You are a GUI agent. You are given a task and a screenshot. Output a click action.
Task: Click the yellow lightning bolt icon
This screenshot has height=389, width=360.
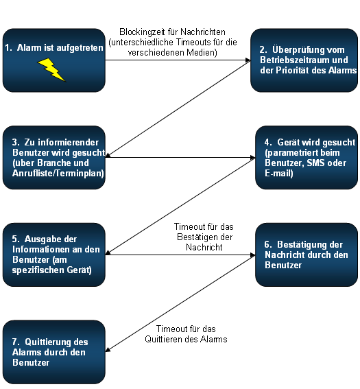[51, 70]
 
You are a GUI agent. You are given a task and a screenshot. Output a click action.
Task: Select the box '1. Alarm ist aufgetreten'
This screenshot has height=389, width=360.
[53, 60]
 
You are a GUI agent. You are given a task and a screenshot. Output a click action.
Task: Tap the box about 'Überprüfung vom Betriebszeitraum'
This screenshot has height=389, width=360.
[304, 60]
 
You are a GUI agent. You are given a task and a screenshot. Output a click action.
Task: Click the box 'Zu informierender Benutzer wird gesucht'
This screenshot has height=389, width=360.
[53, 158]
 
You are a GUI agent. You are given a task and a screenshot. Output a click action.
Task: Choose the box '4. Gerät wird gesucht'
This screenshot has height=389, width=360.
[307, 158]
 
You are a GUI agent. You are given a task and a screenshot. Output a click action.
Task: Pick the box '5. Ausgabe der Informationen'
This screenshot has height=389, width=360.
[53, 255]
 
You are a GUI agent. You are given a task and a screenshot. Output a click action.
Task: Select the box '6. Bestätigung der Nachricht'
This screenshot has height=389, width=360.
[307, 255]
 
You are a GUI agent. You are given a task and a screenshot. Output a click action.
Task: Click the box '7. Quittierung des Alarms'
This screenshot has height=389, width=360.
[53, 352]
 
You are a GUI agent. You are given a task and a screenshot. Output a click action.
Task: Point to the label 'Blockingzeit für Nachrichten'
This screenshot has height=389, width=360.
[173, 32]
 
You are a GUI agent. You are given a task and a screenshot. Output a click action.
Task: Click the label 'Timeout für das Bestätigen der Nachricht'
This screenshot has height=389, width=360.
[204, 237]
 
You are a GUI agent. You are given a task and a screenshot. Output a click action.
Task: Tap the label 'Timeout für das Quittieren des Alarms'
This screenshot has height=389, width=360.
[186, 334]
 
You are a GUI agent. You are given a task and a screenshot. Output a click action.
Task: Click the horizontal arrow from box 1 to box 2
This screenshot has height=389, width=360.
[178, 60]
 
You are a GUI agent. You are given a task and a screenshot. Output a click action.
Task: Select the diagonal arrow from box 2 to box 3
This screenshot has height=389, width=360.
[178, 108]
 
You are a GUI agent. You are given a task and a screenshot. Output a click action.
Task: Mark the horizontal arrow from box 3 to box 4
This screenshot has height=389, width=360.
[180, 157]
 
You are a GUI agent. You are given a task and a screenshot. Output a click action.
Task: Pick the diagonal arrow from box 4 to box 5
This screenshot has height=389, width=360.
[180, 206]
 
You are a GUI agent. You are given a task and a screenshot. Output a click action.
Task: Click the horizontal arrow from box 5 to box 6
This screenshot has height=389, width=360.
[180, 255]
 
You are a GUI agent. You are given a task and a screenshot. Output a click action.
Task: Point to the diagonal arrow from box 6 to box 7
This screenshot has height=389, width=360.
[180, 303]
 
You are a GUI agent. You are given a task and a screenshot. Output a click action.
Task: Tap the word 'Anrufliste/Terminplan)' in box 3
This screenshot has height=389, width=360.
[58, 173]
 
